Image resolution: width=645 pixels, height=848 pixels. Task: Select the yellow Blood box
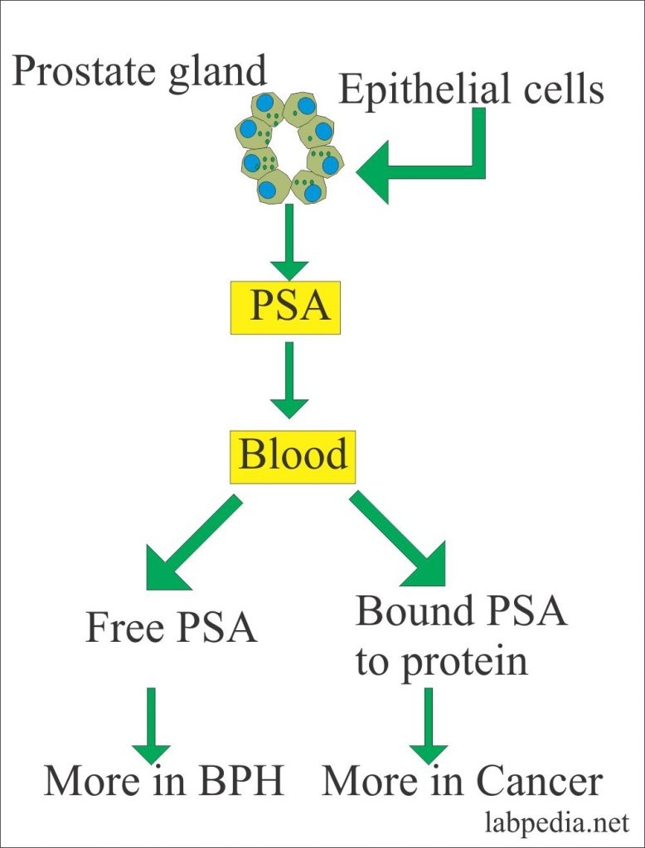coord(293,457)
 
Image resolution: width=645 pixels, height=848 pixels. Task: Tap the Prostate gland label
coord(139,71)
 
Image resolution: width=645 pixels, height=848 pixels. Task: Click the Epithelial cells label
coord(471,89)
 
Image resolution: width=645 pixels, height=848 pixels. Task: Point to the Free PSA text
coord(171,629)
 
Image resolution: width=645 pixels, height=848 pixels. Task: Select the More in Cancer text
coord(462,781)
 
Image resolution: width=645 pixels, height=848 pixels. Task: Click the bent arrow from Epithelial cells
coord(439,168)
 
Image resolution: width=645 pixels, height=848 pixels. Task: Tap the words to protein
coord(441,662)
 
